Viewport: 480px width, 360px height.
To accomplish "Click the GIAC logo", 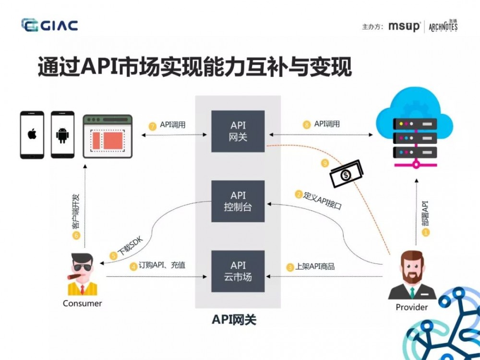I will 49,25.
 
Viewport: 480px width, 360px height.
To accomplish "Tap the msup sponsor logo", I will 404,26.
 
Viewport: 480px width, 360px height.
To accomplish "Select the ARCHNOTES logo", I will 443,26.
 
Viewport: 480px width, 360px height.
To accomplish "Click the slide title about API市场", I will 194,67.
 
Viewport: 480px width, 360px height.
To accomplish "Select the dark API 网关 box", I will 238,131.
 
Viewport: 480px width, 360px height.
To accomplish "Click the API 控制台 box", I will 238,201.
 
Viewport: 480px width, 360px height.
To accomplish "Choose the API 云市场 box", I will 238,271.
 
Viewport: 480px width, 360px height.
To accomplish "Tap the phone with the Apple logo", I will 32,135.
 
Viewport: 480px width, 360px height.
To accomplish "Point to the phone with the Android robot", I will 62,135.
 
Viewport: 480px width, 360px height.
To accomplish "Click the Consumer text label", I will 83,303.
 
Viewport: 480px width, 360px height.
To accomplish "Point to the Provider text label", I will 411,307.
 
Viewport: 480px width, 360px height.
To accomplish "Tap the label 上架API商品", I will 314,266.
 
